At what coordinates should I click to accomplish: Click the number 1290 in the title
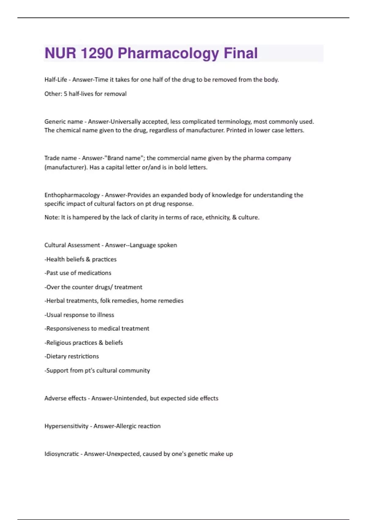[x=97, y=53]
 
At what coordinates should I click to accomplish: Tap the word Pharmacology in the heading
[x=168, y=53]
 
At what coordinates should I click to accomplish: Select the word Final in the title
[x=241, y=53]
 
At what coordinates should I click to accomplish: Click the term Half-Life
[x=56, y=80]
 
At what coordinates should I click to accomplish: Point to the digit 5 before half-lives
[x=65, y=94]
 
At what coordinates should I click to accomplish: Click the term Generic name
[x=64, y=122]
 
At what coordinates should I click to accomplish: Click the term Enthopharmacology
[x=72, y=195]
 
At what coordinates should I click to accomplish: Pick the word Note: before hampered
[x=52, y=217]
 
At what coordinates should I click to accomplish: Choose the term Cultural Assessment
[x=72, y=245]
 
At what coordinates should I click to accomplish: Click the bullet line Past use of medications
[x=79, y=273]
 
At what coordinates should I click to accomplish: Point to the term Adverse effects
[x=65, y=398]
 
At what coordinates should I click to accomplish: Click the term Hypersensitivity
[x=66, y=426]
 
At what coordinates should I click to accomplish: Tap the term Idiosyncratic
[x=62, y=454]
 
